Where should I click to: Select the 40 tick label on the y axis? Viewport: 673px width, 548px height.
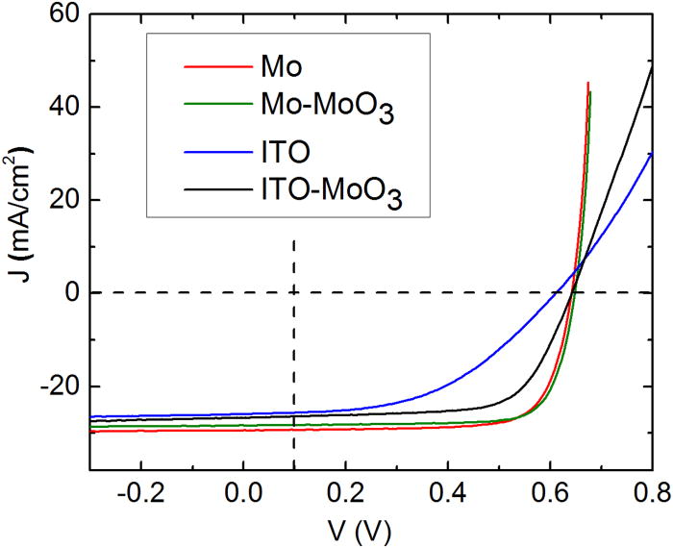(59, 108)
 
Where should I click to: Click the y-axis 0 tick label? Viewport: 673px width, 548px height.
(65, 293)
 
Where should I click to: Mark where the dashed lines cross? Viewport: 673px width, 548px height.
(293, 292)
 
